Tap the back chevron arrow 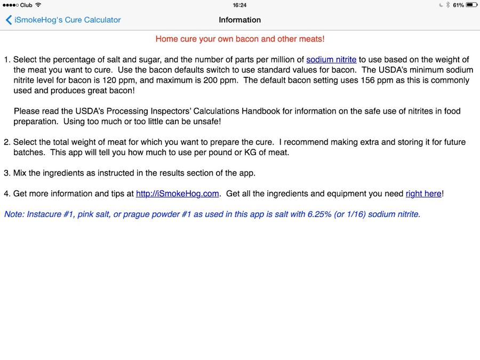(9, 20)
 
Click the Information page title (239, 20)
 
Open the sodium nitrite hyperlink (331, 60)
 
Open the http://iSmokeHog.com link (178, 194)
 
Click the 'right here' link (423, 194)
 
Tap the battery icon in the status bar (471, 5)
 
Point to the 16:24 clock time (239, 5)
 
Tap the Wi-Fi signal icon (38, 5)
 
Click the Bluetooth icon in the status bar (448, 5)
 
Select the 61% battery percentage (458, 5)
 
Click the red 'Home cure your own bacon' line (240, 39)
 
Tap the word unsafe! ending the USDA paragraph (206, 121)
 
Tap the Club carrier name (26, 5)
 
